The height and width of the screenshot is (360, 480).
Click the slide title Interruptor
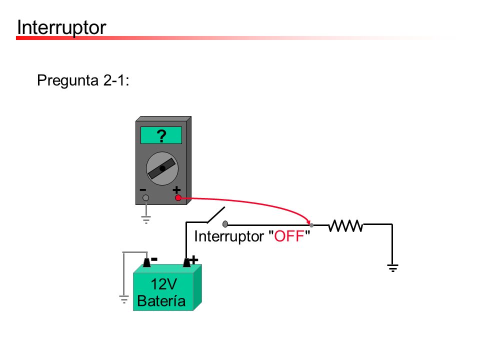tap(61, 27)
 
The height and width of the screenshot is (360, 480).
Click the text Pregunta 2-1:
tap(83, 80)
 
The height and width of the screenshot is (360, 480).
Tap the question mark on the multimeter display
tap(161, 136)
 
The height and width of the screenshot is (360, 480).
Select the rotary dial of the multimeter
tap(162, 168)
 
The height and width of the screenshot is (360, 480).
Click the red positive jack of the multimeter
tap(178, 198)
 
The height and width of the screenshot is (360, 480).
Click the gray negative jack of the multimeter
tap(145, 198)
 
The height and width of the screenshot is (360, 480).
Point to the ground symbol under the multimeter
tap(146, 219)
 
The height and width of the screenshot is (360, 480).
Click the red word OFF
tap(289, 236)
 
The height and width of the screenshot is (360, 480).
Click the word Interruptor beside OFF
tap(229, 236)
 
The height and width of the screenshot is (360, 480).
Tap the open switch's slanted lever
tap(216, 214)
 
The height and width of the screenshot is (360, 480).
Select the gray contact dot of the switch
tap(225, 224)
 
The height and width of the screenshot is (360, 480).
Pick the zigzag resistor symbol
tap(346, 226)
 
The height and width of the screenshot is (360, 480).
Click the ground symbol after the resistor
tap(393, 268)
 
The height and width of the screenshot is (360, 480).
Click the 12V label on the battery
tap(164, 284)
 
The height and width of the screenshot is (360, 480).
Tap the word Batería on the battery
tap(161, 300)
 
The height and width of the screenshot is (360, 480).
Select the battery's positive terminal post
tap(186, 262)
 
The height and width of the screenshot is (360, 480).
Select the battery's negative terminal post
tap(146, 262)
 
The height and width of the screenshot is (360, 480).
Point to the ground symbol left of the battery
tap(123, 299)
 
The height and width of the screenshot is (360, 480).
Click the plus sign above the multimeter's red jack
tap(176, 190)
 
